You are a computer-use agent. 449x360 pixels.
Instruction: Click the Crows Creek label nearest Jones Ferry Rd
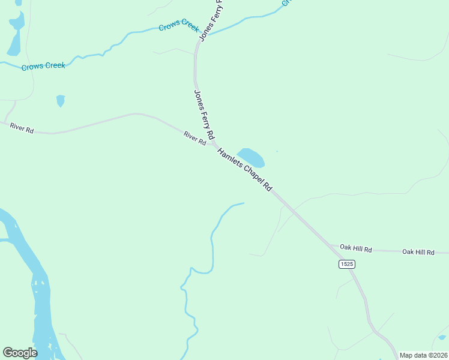click(x=178, y=28)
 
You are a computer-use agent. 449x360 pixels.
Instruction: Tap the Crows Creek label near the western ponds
click(x=43, y=66)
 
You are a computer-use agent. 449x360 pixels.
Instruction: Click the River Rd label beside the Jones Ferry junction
click(x=195, y=139)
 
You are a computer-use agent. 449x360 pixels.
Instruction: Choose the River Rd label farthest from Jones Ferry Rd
click(x=22, y=128)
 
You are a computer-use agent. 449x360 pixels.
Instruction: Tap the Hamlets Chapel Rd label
click(x=245, y=170)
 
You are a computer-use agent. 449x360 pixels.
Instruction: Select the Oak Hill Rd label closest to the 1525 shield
click(x=356, y=248)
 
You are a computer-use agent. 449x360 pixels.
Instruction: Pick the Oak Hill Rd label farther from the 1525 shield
click(x=418, y=252)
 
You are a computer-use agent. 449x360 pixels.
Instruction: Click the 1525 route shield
click(x=346, y=264)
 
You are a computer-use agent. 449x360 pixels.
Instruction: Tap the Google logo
click(x=20, y=352)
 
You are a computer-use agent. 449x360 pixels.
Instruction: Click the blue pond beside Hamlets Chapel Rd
click(x=252, y=157)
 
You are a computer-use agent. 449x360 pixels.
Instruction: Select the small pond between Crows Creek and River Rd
click(x=60, y=100)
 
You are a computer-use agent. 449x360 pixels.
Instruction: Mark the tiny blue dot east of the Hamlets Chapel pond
click(x=277, y=151)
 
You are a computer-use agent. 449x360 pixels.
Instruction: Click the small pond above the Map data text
click(x=442, y=337)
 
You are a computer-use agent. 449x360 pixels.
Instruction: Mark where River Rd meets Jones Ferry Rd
click(x=213, y=145)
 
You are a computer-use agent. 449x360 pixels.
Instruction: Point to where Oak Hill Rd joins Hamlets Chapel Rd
click(x=330, y=245)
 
